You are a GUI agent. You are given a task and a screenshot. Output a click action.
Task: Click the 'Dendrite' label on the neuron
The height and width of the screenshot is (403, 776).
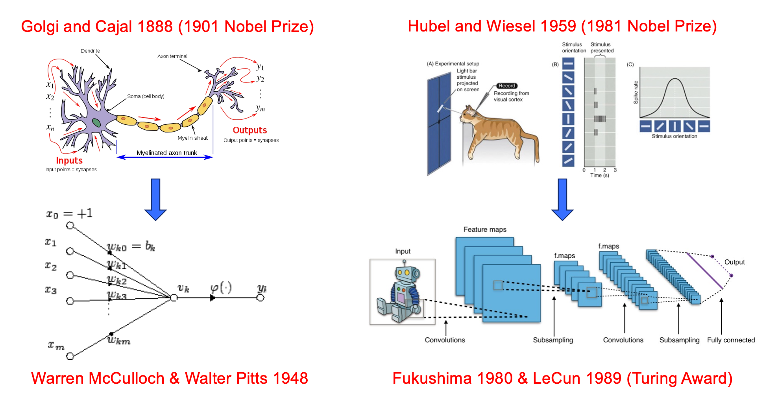tap(90, 51)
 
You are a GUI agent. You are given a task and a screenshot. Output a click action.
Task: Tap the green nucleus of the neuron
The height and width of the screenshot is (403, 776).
tap(96, 123)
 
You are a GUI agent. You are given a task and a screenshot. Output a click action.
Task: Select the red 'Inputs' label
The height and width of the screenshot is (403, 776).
tap(69, 161)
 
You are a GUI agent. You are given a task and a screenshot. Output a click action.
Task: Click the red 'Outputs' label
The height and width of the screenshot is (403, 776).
tap(249, 130)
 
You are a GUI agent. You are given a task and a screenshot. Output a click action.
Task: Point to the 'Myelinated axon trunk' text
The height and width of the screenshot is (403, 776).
tap(167, 153)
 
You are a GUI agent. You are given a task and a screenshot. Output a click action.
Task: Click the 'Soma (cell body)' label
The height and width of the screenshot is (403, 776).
tap(146, 96)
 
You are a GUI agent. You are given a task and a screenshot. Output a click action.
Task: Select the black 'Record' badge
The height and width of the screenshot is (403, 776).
tap(507, 86)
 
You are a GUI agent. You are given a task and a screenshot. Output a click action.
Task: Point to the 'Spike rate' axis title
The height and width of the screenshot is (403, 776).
tap(636, 92)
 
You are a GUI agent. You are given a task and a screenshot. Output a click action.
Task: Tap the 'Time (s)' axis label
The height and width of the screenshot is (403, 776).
tap(599, 176)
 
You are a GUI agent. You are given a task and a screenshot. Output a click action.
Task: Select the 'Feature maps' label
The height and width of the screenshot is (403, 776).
tap(485, 229)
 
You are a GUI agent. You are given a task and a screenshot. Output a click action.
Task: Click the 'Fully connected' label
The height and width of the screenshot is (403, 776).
tap(731, 340)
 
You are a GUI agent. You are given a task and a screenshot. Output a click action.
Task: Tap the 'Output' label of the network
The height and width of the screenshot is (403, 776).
tap(734, 262)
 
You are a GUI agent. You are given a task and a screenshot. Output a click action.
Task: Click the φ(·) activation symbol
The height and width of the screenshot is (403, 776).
tap(221, 288)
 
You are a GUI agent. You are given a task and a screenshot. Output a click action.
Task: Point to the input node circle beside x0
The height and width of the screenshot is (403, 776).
tap(70, 226)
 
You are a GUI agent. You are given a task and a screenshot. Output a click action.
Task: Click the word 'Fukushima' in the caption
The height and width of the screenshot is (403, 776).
tap(432, 378)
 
